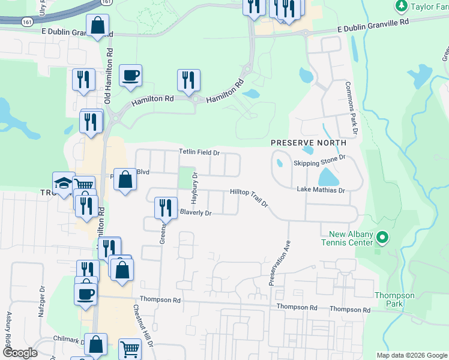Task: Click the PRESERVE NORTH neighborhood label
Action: pyautogui.click(x=309, y=143)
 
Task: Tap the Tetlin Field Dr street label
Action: pyautogui.click(x=200, y=153)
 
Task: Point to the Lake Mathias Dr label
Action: pyautogui.click(x=321, y=190)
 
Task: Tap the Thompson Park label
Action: pyautogui.click(x=394, y=299)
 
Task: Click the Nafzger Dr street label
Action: pyautogui.click(x=43, y=296)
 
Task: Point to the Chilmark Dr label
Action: pyautogui.click(x=64, y=338)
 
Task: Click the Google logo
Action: pyautogui.click(x=20, y=353)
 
